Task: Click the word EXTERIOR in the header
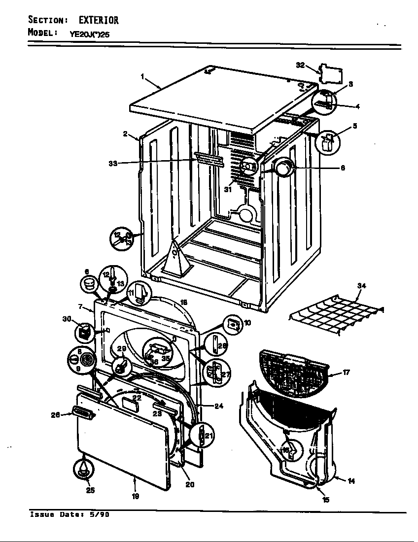[x=98, y=20]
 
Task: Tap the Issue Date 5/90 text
[x=70, y=515]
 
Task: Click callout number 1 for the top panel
[x=142, y=77]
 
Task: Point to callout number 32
[x=300, y=65]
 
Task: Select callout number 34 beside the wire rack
[x=362, y=286]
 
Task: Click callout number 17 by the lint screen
[x=346, y=373]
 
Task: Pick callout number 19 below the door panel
[x=135, y=496]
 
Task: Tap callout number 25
[x=90, y=490]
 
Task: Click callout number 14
[x=351, y=481]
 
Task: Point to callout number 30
[x=67, y=319]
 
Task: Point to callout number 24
[x=219, y=406]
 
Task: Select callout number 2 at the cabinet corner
[x=126, y=134]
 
